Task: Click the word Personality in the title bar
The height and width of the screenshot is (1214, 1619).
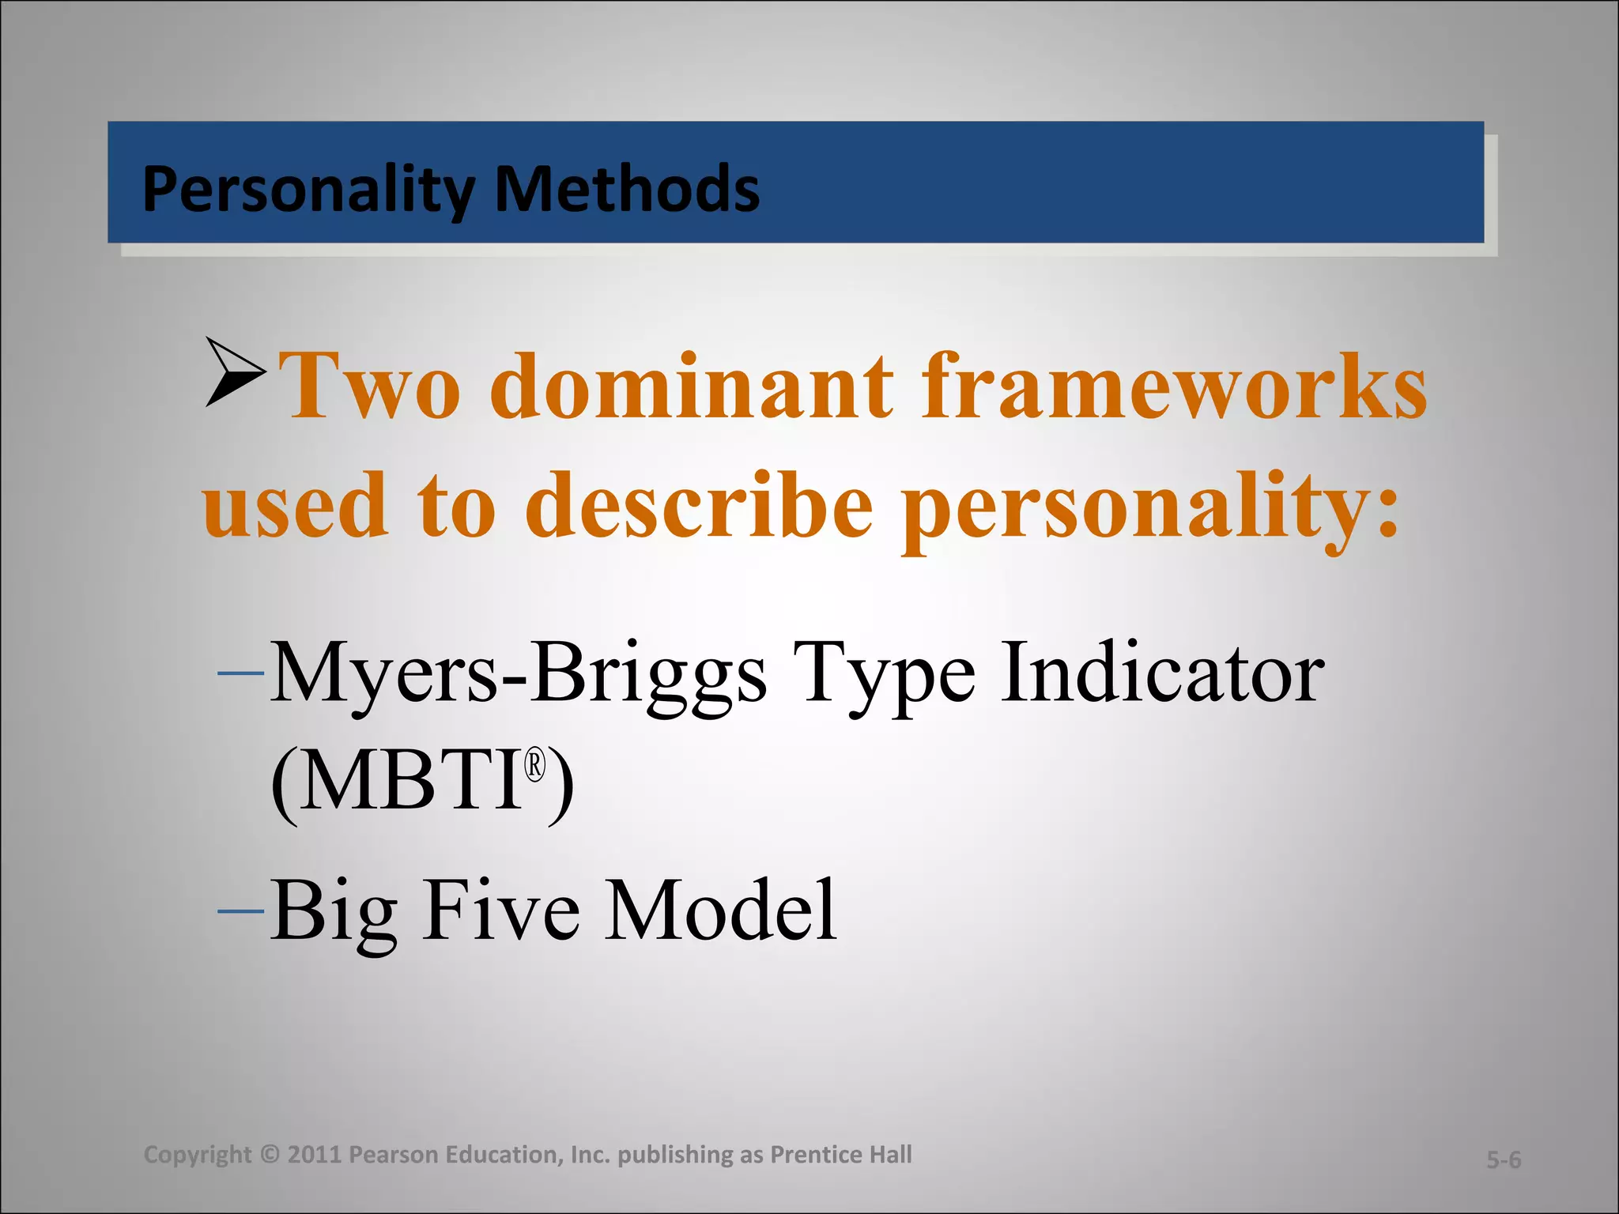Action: [x=308, y=190]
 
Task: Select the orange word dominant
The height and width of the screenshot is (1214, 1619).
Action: [x=692, y=386]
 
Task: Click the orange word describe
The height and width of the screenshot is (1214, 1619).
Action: [x=699, y=506]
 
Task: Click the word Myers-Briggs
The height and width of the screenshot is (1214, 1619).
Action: [x=518, y=674]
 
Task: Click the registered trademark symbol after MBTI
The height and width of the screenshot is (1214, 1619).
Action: [x=536, y=766]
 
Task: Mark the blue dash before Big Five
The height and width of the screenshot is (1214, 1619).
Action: [x=240, y=911]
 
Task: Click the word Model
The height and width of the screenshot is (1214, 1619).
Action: [x=719, y=911]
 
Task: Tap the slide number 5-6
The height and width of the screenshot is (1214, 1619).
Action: [x=1504, y=1160]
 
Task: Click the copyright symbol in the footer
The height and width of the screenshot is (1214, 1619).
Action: [x=269, y=1155]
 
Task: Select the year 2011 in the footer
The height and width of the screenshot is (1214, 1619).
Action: [x=315, y=1155]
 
